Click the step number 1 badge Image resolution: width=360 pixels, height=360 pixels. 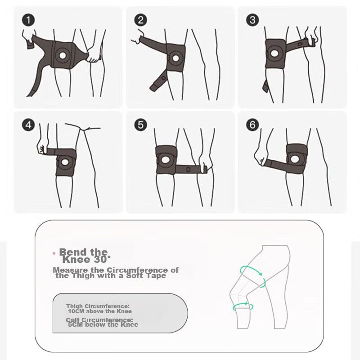pyautogui.click(x=28, y=20)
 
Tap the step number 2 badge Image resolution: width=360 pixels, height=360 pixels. pyautogui.click(x=140, y=20)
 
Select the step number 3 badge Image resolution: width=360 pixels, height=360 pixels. pyautogui.click(x=252, y=20)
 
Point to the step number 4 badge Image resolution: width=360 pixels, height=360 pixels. pyautogui.click(x=28, y=125)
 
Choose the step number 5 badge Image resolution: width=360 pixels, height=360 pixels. pyautogui.click(x=140, y=125)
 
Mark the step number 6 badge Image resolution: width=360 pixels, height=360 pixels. pyautogui.click(x=252, y=125)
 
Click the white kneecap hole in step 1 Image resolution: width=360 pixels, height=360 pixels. pyautogui.click(x=63, y=55)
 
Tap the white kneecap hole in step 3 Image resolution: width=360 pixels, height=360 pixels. pyautogui.click(x=274, y=54)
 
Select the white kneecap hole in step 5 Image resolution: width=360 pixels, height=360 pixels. pyautogui.click(x=165, y=160)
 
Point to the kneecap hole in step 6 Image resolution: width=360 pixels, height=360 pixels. pyautogui.click(x=295, y=159)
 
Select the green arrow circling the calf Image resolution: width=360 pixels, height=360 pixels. pyautogui.click(x=243, y=306)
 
